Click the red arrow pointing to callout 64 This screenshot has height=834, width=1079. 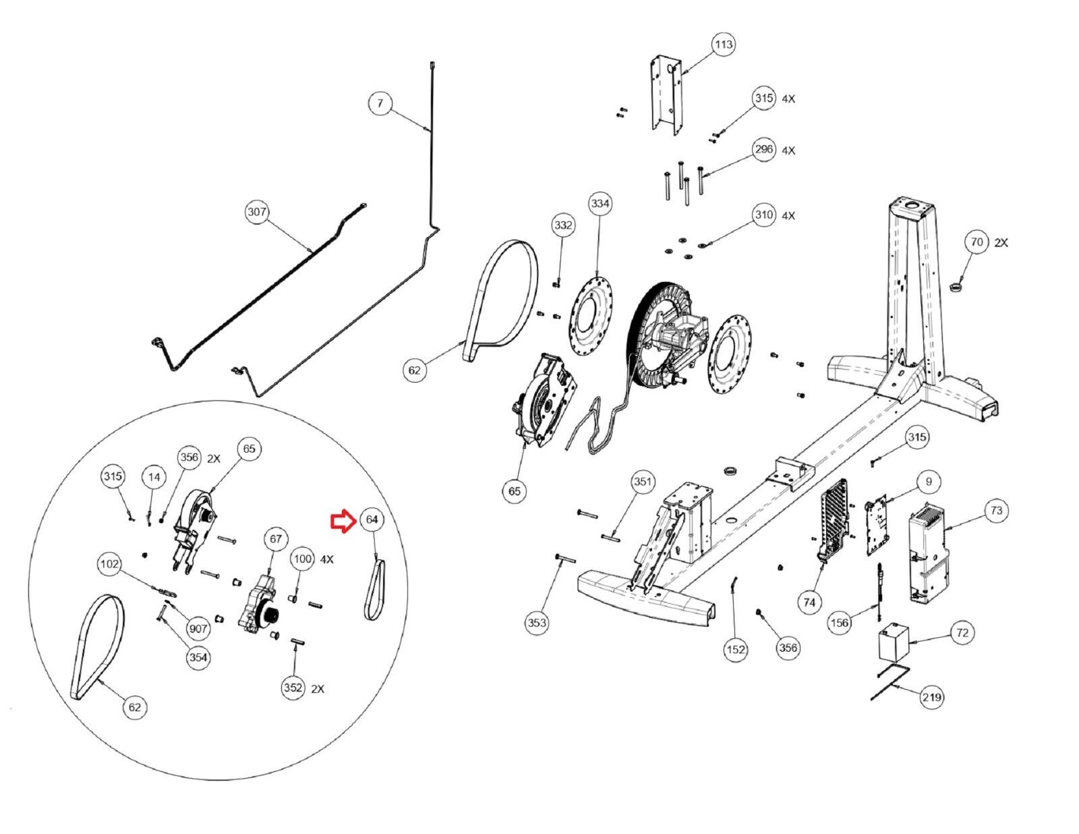(x=341, y=522)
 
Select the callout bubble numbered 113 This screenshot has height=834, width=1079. (x=723, y=45)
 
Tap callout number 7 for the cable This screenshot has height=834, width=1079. (x=380, y=103)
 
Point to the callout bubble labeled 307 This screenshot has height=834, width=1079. (x=256, y=212)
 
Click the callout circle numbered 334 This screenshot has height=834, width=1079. (x=600, y=203)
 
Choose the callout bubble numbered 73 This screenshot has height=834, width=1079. (x=997, y=511)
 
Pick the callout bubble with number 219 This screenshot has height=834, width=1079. (x=931, y=697)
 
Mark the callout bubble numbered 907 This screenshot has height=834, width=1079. (x=198, y=629)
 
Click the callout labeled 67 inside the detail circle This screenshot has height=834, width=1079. (x=276, y=539)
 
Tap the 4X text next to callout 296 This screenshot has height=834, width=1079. (x=788, y=150)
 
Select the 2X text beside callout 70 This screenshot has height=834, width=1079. (x=1001, y=243)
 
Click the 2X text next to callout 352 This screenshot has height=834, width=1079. (x=318, y=689)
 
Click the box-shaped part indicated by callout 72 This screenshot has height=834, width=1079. (x=893, y=644)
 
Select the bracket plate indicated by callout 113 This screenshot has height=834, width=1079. (x=666, y=95)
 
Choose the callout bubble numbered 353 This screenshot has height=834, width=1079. (x=537, y=623)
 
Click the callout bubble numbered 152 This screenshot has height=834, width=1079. (x=735, y=649)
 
